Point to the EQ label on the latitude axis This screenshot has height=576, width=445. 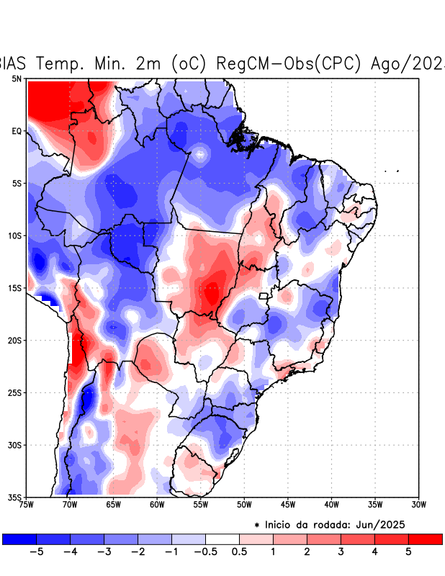pos(16,131)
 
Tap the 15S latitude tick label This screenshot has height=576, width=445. pos(14,288)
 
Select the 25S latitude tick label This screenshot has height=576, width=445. pos(14,392)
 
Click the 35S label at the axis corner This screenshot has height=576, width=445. pos(14,497)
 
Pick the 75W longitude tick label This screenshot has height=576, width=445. pos(27,504)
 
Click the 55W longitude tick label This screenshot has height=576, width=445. pos(200,504)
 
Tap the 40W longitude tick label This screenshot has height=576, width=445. pos(331,504)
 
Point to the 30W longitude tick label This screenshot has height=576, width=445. pos(418,504)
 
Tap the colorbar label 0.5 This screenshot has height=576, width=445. pos(239,552)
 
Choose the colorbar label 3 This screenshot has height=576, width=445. pos(341,552)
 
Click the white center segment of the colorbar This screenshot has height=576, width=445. pos(223,539)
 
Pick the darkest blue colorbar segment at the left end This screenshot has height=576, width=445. pos(19,539)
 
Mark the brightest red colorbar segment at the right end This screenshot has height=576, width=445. pos(425,539)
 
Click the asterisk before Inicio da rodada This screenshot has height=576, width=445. pos(257,525)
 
